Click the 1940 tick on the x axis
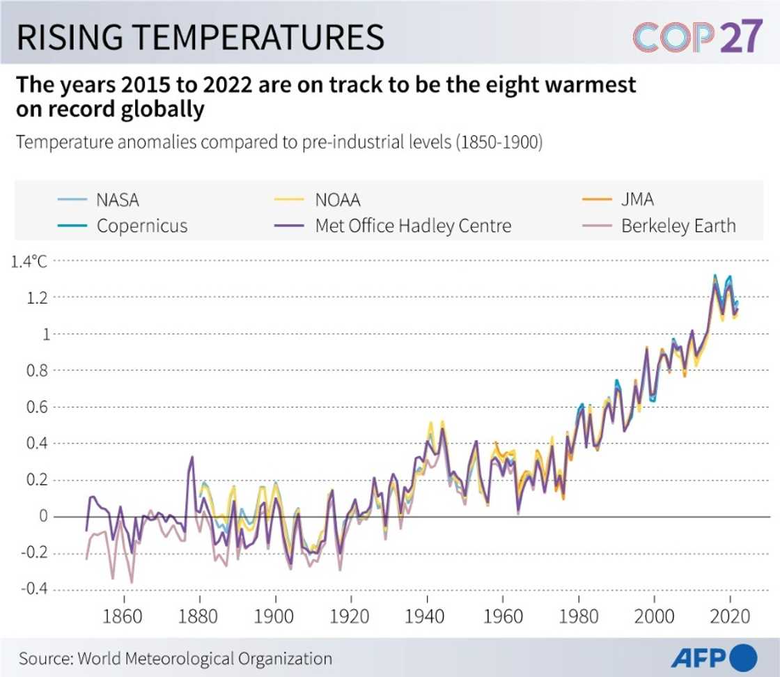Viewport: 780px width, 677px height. coord(427,616)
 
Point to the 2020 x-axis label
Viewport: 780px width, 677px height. coord(730,616)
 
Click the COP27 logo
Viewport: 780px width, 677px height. coord(697,37)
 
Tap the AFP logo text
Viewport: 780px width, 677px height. coord(699,657)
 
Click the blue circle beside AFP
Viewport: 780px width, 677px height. coord(744,657)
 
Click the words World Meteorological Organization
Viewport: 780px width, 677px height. coord(205,658)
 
